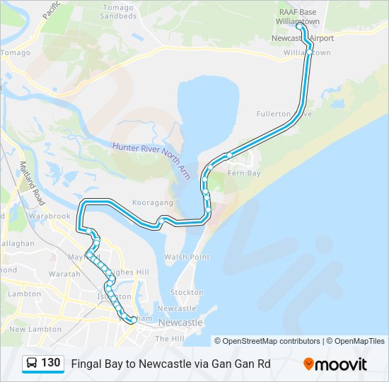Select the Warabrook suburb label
click(50, 215)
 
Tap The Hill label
click(170, 339)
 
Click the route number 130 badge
click(50, 363)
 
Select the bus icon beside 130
click(32, 364)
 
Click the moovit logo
click(335, 364)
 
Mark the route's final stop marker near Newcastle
click(134, 320)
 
